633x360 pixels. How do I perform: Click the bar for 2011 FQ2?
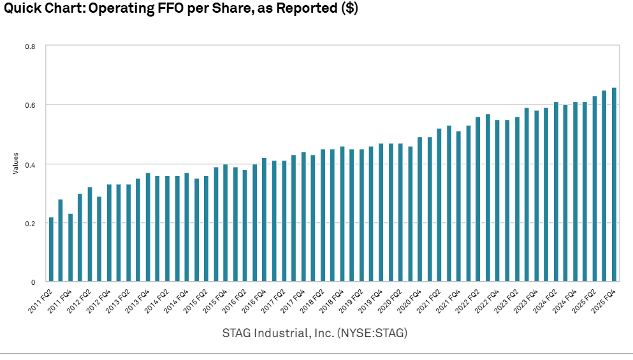[51, 249]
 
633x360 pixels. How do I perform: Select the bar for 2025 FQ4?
[614, 185]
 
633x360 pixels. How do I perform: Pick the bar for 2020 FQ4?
[419, 209]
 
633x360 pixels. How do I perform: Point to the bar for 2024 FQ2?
[556, 192]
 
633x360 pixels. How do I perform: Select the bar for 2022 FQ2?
[478, 199]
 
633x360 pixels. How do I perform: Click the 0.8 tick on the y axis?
[30, 47]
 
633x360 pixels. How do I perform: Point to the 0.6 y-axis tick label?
[30, 105]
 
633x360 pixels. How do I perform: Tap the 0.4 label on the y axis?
[30, 164]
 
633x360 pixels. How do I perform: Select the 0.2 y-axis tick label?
[30, 223]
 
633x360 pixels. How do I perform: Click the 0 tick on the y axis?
[33, 282]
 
